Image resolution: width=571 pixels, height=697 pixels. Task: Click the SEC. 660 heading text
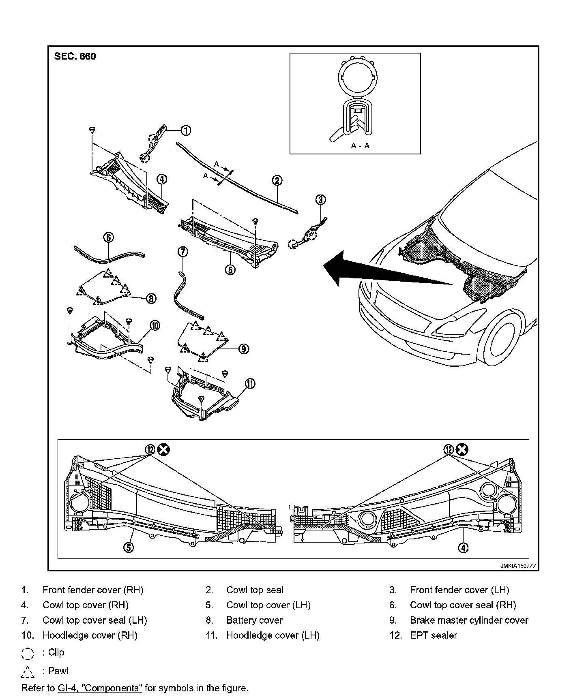pyautogui.click(x=75, y=56)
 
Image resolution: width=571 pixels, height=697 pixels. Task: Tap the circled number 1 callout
pyautogui.click(x=185, y=130)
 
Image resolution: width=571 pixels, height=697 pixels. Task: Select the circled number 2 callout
pyautogui.click(x=277, y=181)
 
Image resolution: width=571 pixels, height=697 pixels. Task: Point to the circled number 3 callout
pyautogui.click(x=321, y=199)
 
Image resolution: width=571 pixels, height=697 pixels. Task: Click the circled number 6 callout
pyautogui.click(x=109, y=237)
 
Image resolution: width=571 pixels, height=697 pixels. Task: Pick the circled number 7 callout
pyautogui.click(x=182, y=252)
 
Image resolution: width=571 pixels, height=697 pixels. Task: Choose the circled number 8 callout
pyautogui.click(x=150, y=299)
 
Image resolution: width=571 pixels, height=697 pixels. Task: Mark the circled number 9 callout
pyautogui.click(x=243, y=348)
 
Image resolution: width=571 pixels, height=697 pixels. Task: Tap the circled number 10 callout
pyautogui.click(x=155, y=325)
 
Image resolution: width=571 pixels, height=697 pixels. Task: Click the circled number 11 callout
pyautogui.click(x=250, y=383)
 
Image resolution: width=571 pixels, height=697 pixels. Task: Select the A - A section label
pyautogui.click(x=360, y=146)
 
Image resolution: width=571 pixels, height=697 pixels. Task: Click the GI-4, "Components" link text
pyautogui.click(x=100, y=688)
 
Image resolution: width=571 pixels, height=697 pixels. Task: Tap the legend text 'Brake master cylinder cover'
pyautogui.click(x=469, y=620)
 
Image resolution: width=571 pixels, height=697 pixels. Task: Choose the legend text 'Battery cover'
pyautogui.click(x=254, y=620)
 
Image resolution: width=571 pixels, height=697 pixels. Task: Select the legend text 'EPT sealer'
pyautogui.click(x=433, y=635)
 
